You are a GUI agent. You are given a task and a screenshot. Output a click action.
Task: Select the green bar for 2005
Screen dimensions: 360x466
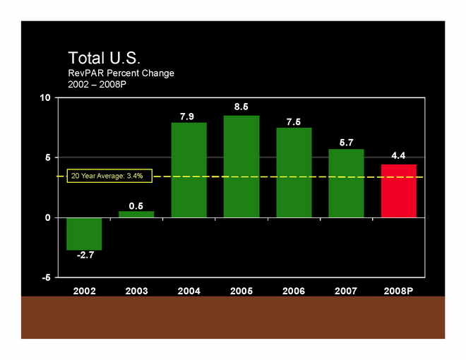coord(241,167)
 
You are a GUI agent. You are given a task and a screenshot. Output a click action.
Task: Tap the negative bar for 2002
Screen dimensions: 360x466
coord(84,234)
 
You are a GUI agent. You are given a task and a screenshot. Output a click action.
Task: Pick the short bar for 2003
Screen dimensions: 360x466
coord(136,214)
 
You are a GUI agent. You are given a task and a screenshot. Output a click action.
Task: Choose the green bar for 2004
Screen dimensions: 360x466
coord(189,170)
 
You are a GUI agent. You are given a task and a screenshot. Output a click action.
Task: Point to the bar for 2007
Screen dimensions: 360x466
coord(347,183)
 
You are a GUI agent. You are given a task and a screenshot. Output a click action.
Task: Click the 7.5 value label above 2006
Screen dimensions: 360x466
coord(294,122)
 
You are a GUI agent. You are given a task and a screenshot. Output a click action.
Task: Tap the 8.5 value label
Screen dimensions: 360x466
coord(241,107)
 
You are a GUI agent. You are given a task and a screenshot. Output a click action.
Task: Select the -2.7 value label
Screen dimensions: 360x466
coord(85,256)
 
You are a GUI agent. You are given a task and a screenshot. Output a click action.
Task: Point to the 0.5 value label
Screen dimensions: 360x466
coord(136,206)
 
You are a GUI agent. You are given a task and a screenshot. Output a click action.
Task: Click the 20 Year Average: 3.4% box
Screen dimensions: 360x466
coord(107,176)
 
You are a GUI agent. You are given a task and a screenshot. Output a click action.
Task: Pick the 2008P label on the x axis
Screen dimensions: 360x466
coord(399,291)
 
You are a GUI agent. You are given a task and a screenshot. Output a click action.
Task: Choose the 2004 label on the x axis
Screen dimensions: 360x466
coord(189,291)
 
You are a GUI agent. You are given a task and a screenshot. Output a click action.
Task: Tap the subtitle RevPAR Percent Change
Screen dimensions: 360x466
coord(121,73)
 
